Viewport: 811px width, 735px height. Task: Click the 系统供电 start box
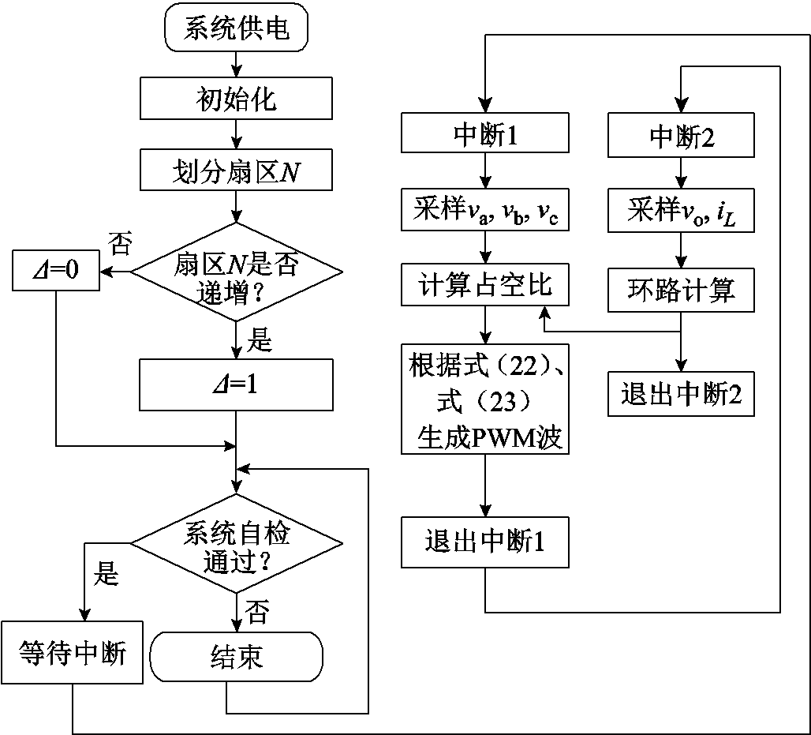point(236,29)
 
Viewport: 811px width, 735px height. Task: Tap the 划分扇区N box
point(236,171)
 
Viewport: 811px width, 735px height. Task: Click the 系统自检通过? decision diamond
point(236,544)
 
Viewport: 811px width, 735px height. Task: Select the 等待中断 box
point(72,653)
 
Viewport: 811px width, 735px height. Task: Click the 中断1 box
point(484,134)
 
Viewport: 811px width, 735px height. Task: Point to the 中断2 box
point(682,134)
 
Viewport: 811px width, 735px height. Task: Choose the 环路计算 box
point(682,289)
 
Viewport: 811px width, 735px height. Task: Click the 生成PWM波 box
point(484,399)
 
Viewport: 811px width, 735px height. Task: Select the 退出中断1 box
point(484,542)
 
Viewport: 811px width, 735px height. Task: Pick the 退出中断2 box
point(682,393)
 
